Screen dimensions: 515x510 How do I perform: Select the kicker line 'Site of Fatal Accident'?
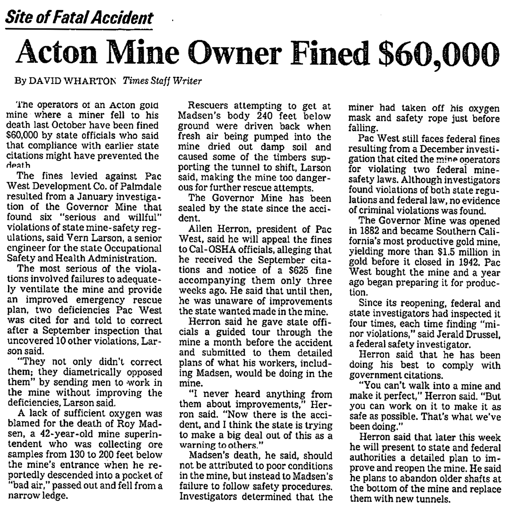point(79,18)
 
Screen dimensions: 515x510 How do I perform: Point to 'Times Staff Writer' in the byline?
point(162,81)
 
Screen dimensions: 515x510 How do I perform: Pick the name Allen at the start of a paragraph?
point(201,229)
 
